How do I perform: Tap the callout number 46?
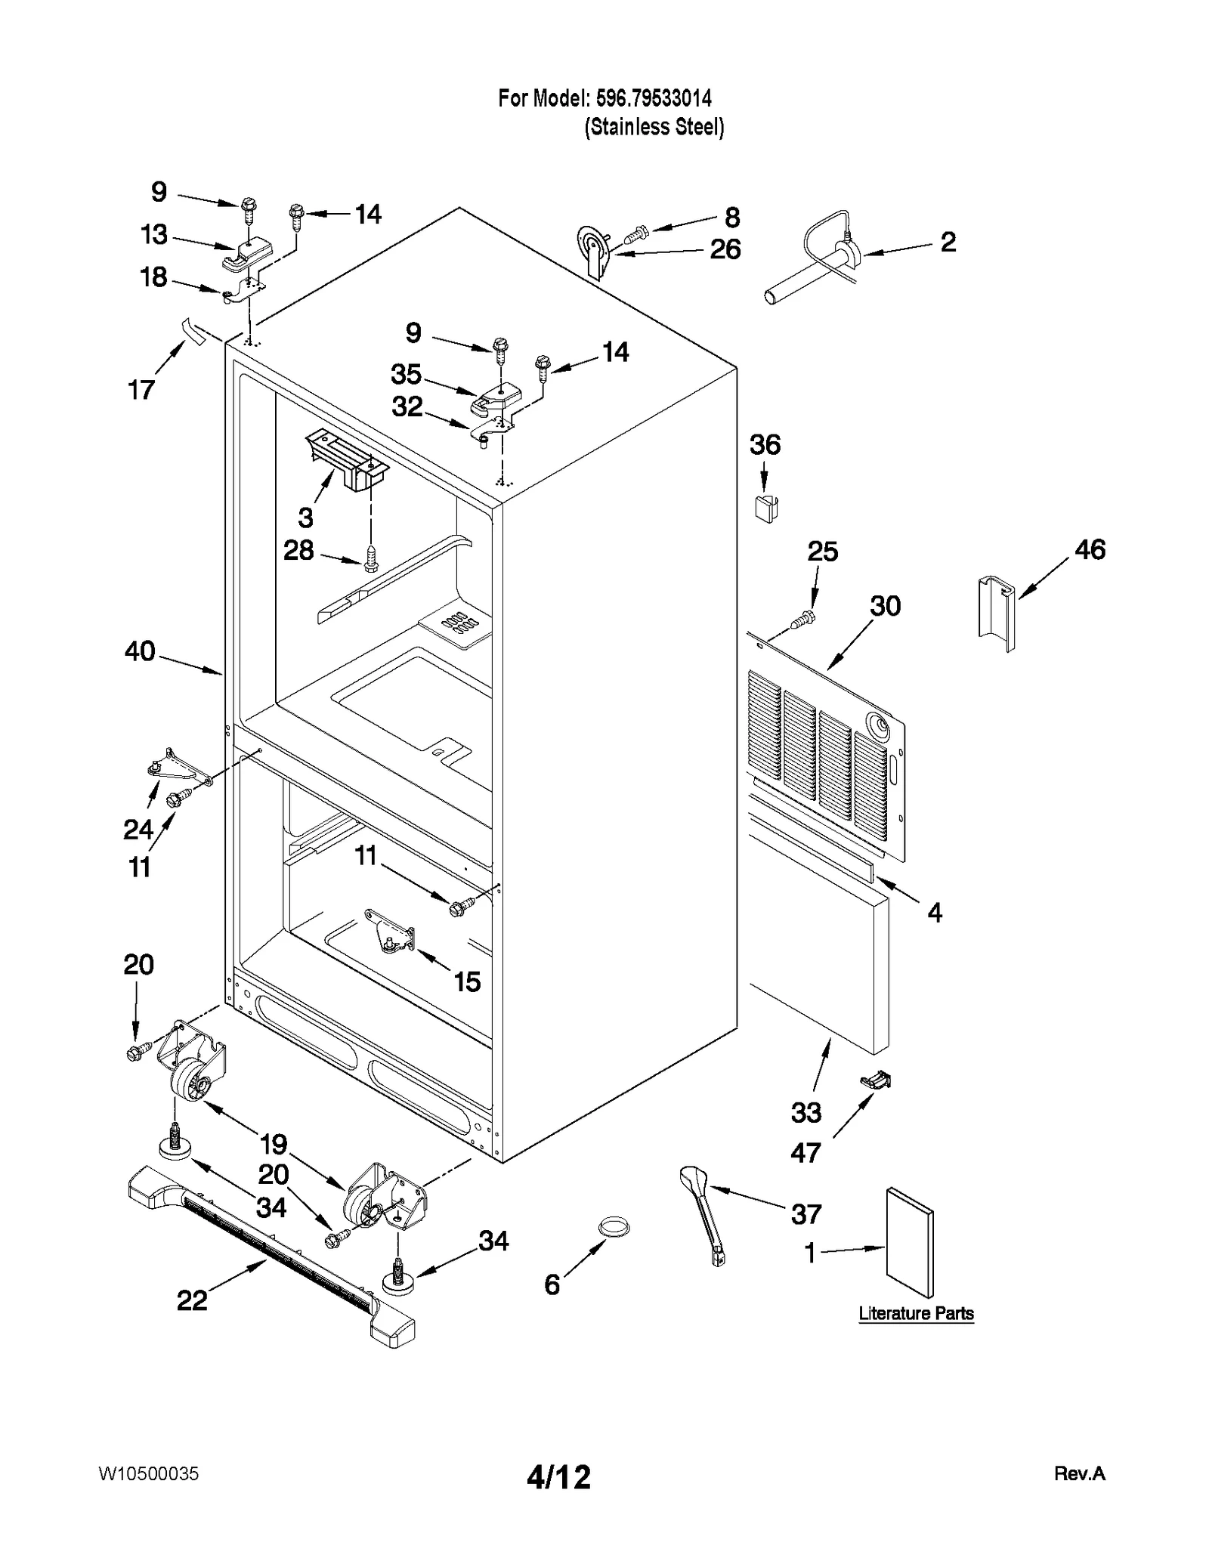coord(1089,549)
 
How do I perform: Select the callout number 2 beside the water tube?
coord(948,242)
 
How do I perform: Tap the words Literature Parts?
coord(916,1313)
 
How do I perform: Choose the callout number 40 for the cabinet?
coord(140,651)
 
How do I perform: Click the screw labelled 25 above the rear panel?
coord(802,620)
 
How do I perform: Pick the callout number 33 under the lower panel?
coord(805,1112)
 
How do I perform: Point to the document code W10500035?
coord(148,1474)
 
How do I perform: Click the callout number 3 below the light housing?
coord(305,518)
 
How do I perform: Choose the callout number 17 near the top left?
coord(141,390)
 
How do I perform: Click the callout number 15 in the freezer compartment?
coord(467,981)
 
